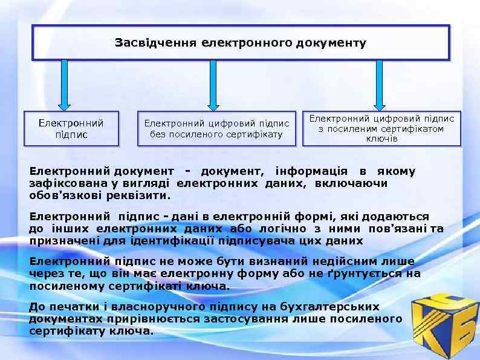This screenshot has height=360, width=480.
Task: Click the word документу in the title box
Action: pos(337,43)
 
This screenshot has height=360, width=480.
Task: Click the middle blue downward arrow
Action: pos(212,85)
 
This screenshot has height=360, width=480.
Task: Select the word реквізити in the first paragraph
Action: pos(142,195)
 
